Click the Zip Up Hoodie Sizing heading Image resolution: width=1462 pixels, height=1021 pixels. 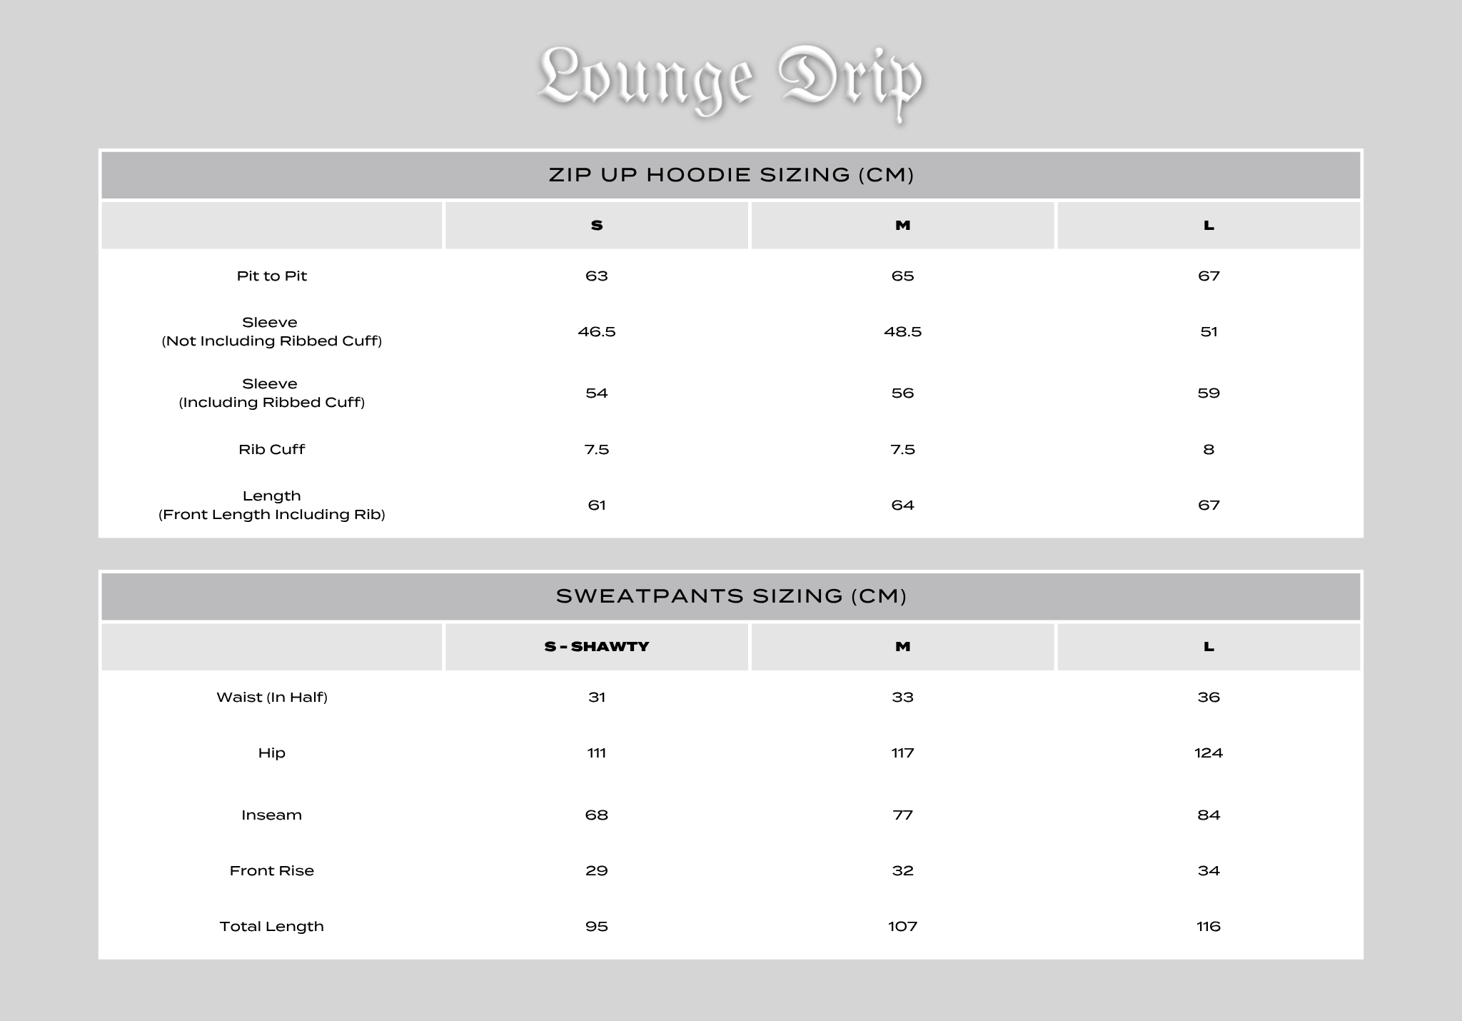(x=731, y=175)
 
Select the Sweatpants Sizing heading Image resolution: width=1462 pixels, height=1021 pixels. (x=731, y=596)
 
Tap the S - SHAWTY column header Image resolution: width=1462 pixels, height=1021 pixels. (x=597, y=647)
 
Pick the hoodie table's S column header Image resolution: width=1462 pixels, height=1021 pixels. (x=597, y=226)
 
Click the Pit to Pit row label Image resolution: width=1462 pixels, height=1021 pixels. (x=271, y=276)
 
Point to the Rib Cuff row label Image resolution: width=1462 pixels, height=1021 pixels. (x=271, y=450)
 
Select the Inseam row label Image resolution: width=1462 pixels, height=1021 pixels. (x=271, y=815)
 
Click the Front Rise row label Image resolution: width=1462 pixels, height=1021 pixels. (x=271, y=871)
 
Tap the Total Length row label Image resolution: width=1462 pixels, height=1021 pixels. (x=271, y=927)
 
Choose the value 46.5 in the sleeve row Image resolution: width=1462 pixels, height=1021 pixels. (x=597, y=332)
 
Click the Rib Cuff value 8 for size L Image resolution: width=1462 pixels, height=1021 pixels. (x=1209, y=450)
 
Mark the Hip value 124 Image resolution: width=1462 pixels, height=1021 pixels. (x=1209, y=753)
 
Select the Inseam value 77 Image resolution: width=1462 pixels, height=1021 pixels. (x=903, y=815)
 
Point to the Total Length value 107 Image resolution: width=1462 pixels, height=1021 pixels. (x=903, y=927)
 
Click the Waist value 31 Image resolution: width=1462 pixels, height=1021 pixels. (x=597, y=698)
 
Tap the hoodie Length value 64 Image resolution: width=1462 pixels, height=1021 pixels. (x=903, y=506)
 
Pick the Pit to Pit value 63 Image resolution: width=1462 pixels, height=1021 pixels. (x=597, y=276)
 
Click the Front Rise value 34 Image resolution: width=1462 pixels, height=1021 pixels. (x=1209, y=871)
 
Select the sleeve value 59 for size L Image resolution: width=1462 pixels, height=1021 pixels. (x=1209, y=393)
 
